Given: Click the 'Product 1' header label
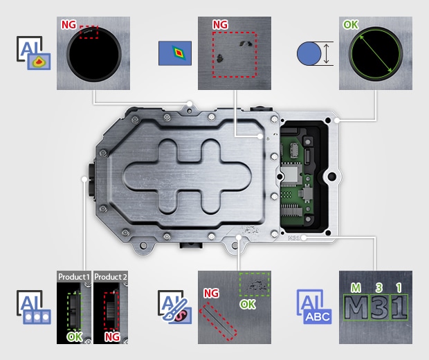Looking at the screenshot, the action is click(x=74, y=277).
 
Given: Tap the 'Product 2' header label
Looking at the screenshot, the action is click(x=111, y=277).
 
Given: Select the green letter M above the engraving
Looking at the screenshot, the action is click(x=356, y=288).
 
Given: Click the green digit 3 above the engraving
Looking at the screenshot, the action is click(x=379, y=288).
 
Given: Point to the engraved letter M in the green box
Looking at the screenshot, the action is click(x=356, y=307).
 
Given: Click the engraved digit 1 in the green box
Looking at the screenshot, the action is click(x=399, y=307).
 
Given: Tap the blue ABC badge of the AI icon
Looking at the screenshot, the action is click(x=318, y=316).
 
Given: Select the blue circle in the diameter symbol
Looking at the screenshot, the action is click(x=309, y=53).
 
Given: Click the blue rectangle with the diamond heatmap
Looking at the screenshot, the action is click(x=175, y=53).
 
